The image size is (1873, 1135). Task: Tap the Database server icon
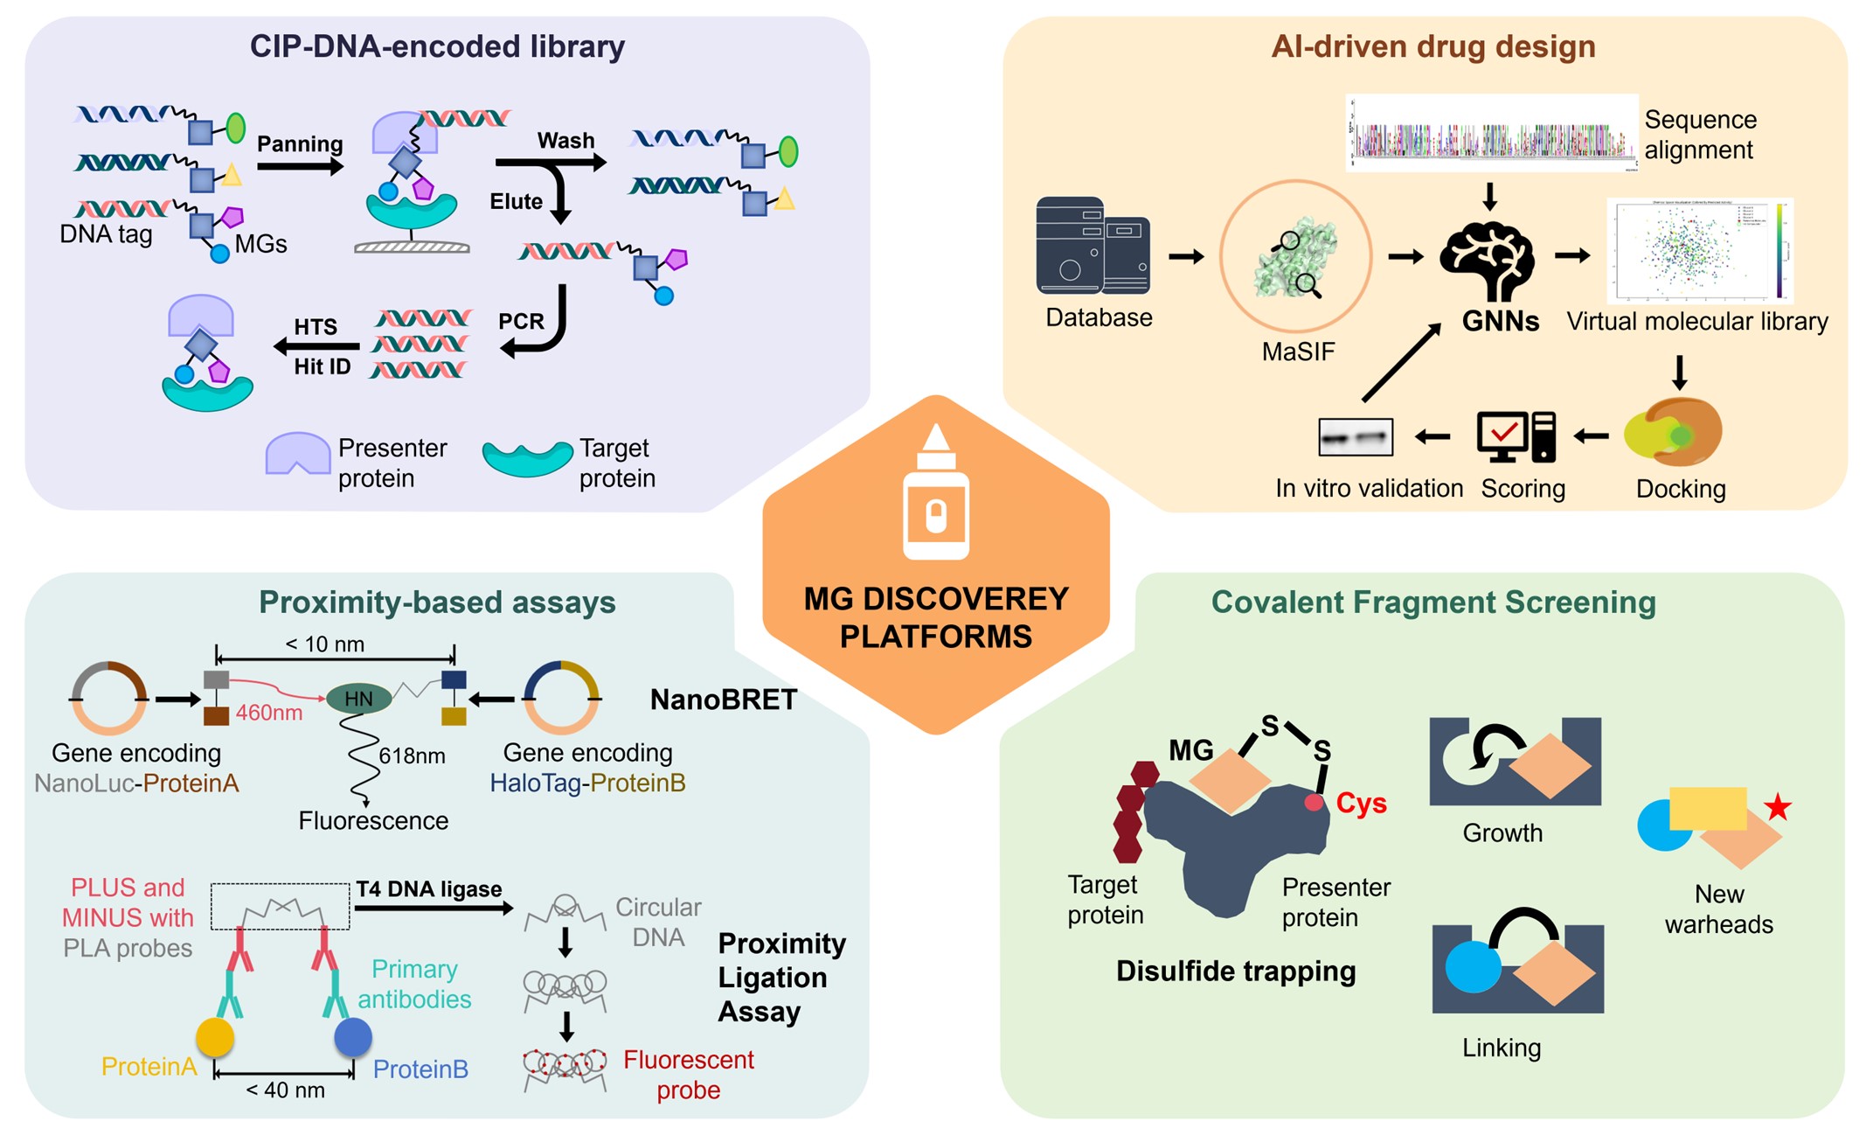pyautogui.click(x=1093, y=247)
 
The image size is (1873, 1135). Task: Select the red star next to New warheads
pyautogui.click(x=1777, y=806)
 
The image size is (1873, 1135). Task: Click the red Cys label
pyautogui.click(x=1361, y=804)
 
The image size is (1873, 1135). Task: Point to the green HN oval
pyautogui.click(x=358, y=699)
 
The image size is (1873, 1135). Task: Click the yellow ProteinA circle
pyautogui.click(x=215, y=1037)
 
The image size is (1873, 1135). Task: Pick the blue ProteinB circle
pyautogui.click(x=353, y=1037)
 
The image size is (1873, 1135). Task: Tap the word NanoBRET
pyautogui.click(x=723, y=700)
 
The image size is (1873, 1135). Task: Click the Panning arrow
pyautogui.click(x=300, y=166)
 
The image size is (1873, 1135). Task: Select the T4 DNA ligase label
pyautogui.click(x=428, y=889)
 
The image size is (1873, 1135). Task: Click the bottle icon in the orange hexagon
pyautogui.click(x=936, y=494)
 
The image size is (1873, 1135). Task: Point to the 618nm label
pyautogui.click(x=412, y=756)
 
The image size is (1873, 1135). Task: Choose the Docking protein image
pyautogui.click(x=1673, y=432)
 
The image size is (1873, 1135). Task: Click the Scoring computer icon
pyautogui.click(x=1516, y=436)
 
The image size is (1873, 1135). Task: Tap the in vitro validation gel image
pyautogui.click(x=1355, y=437)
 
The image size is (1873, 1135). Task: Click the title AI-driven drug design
pyautogui.click(x=1432, y=46)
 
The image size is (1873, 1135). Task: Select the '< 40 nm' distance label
pyautogui.click(x=285, y=1090)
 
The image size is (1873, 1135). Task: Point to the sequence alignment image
pyautogui.click(x=1491, y=133)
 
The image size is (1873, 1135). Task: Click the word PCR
pyautogui.click(x=521, y=322)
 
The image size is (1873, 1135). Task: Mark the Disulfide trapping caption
pyautogui.click(x=1235, y=971)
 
